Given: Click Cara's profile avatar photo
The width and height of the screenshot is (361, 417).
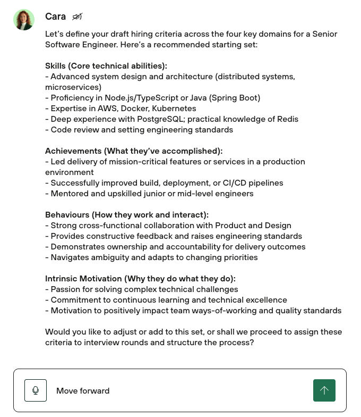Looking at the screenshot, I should pyautogui.click(x=24, y=20).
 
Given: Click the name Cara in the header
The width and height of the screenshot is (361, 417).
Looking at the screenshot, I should pyautogui.click(x=55, y=16).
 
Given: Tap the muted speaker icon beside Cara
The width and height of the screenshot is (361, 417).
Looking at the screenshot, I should pyautogui.click(x=78, y=17).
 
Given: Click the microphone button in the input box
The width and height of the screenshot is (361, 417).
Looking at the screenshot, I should pyautogui.click(x=36, y=390).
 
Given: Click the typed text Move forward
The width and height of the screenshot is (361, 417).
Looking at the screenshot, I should pyautogui.click(x=83, y=391).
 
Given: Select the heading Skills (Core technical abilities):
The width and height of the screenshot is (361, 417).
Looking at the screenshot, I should pyautogui.click(x=106, y=66).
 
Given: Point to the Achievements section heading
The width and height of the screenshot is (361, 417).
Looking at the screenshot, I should pyautogui.click(x=134, y=151).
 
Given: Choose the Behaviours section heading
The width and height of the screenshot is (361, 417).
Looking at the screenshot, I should pyautogui.click(x=127, y=215).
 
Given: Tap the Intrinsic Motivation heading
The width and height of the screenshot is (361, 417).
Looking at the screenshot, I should pyautogui.click(x=140, y=279).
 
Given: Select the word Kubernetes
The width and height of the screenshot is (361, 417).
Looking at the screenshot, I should pyautogui.click(x=174, y=109).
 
